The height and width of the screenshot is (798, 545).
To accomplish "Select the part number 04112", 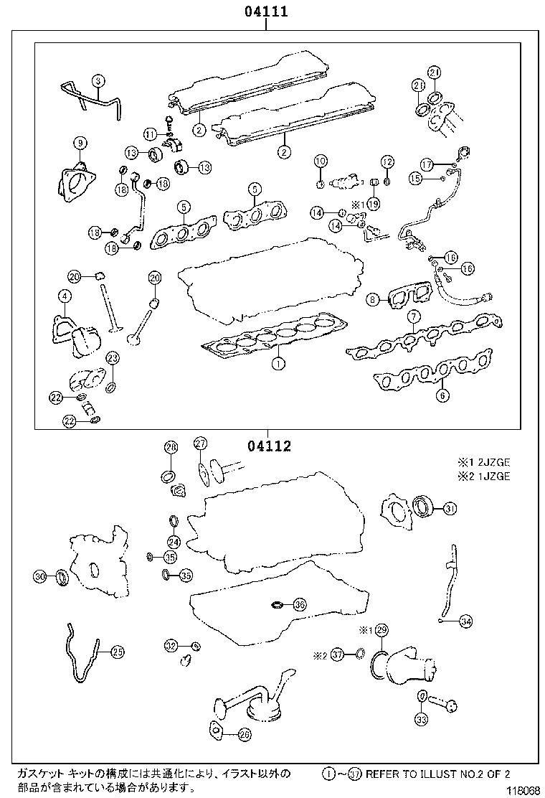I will click(270, 446).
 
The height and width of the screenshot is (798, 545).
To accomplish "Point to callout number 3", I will click(98, 81).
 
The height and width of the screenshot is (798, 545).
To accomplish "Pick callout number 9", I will click(78, 143).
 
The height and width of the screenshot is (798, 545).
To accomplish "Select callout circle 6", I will click(442, 394).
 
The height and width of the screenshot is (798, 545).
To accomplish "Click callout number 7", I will click(413, 317).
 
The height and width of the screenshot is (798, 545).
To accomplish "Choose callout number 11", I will click(149, 134).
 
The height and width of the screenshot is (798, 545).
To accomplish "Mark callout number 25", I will click(117, 652).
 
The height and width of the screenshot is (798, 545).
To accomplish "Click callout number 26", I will click(244, 734).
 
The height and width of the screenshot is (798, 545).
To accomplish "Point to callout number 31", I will click(449, 509).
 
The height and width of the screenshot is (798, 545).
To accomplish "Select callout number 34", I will click(465, 621).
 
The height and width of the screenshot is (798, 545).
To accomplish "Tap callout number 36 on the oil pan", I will click(300, 605).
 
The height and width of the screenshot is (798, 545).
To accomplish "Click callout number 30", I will click(41, 576).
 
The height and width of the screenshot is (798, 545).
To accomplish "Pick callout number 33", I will click(421, 718).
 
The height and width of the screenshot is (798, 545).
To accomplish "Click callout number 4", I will click(65, 296).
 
